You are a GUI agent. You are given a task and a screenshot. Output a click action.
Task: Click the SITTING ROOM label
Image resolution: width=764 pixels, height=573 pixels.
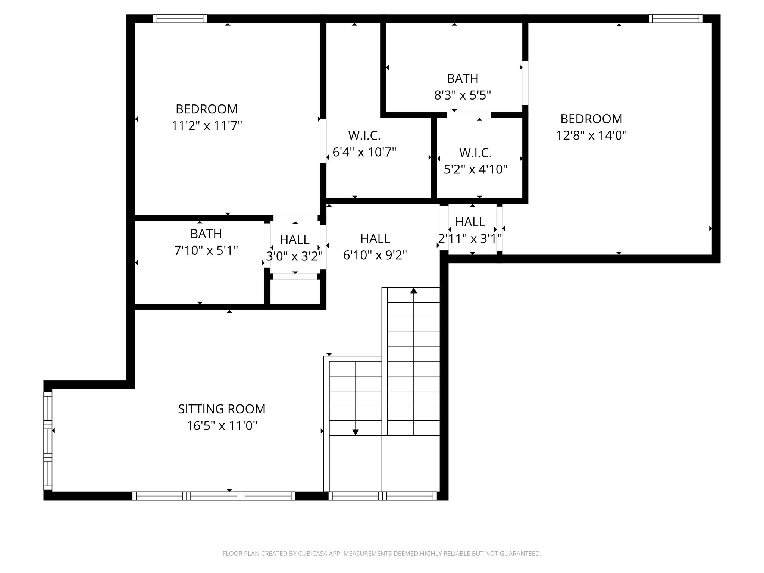222,409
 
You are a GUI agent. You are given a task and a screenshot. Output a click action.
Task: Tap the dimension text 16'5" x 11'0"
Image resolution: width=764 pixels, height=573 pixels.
222,426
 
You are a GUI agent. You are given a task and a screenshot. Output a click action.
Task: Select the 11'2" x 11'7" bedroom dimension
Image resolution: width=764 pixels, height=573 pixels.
207,126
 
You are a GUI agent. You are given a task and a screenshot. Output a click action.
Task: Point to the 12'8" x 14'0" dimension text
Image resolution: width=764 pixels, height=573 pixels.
591,135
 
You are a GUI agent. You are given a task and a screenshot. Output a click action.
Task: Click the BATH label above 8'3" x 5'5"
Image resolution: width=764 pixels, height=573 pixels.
463,78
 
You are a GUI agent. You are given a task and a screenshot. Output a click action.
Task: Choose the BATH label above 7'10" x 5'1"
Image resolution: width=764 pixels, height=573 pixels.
206,234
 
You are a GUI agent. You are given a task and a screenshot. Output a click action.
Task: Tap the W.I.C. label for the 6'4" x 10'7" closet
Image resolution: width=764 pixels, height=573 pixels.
364,135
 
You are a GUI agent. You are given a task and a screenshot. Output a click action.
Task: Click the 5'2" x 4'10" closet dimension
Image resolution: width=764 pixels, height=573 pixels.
476,169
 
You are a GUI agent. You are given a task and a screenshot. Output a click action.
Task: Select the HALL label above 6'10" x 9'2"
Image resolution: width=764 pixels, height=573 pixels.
375,238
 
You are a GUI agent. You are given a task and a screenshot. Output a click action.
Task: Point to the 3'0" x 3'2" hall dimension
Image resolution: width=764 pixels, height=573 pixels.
294,256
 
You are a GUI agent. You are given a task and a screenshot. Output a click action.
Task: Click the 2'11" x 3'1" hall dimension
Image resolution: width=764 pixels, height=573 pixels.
470,238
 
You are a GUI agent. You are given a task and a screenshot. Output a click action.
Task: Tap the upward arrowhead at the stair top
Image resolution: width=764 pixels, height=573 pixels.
414,291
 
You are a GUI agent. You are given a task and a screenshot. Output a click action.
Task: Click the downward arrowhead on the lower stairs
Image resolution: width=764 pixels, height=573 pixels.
356,432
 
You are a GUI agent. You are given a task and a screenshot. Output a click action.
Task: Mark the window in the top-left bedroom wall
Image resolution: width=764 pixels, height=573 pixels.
180,19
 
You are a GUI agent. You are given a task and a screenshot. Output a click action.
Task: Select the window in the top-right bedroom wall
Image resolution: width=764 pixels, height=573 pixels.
676,19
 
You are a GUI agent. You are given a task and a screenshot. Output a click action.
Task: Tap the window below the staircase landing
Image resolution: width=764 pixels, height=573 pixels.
382,496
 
